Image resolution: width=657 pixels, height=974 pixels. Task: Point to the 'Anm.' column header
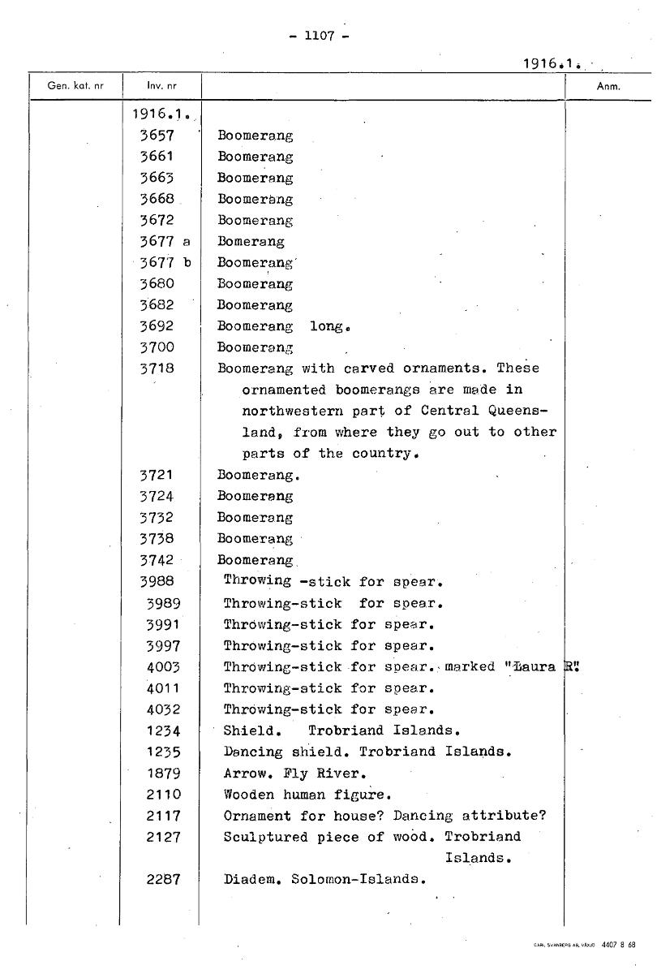point(608,86)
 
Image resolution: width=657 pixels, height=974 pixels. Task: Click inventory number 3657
point(157,136)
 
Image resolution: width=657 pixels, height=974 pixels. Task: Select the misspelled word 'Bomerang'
point(251,241)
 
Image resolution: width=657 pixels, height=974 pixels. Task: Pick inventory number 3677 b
point(165,262)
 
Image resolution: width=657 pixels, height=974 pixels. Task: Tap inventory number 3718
point(157,368)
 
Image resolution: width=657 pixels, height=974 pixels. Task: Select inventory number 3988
point(157,581)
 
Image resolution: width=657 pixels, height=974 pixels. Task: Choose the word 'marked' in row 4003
point(470,666)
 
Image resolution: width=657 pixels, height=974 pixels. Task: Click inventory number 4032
point(163,709)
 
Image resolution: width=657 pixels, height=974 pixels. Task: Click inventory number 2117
point(163,816)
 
